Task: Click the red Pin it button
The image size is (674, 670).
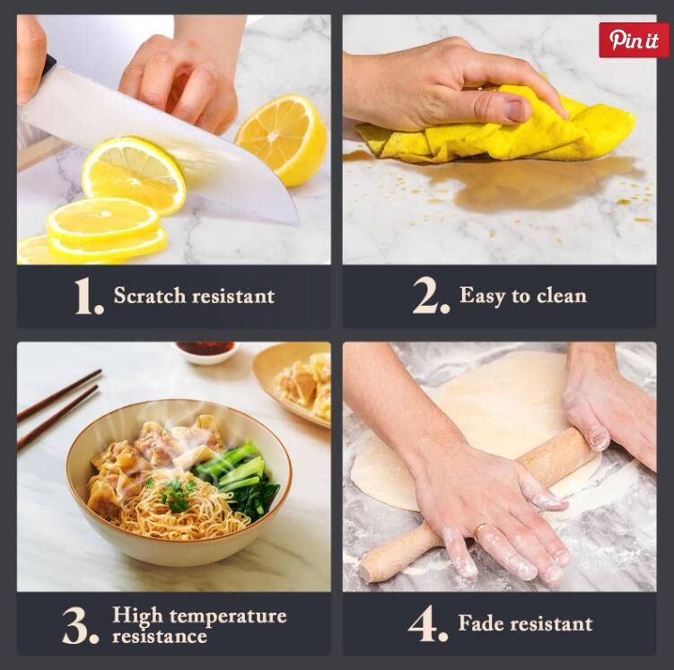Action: tap(635, 40)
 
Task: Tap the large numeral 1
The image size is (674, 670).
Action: tap(88, 296)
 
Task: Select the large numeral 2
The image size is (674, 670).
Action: tap(431, 295)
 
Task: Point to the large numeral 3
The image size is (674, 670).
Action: tap(81, 625)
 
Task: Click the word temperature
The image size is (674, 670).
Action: tap(228, 617)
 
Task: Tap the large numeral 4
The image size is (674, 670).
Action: tap(428, 623)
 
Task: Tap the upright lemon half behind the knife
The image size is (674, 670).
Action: tap(282, 140)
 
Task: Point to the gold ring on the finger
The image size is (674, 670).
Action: tap(481, 531)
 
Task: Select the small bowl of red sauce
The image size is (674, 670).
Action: tap(207, 352)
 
